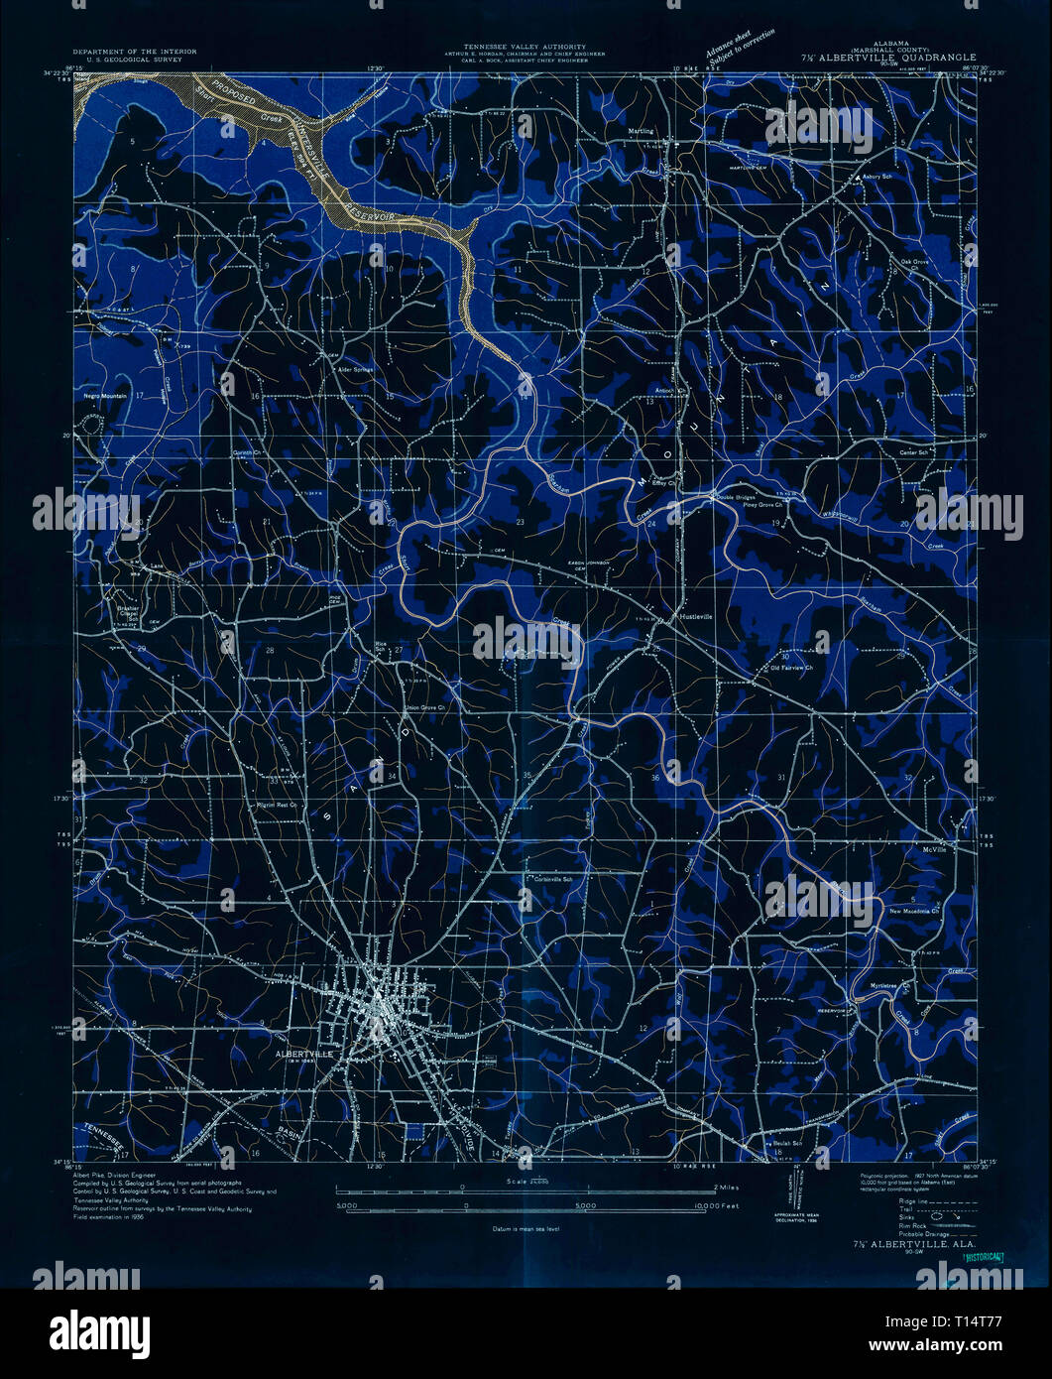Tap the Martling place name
point(642,130)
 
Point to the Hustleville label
point(696,615)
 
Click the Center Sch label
point(913,452)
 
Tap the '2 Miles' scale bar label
point(728,1187)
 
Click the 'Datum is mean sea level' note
point(526,1228)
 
